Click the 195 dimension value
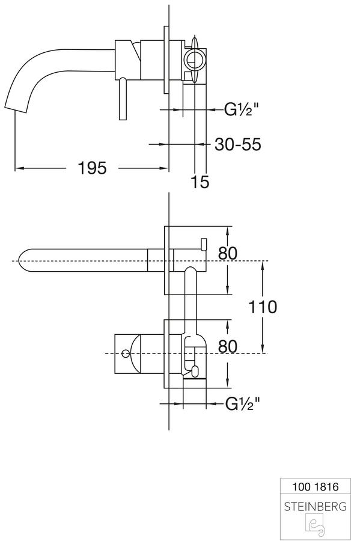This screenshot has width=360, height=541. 92,168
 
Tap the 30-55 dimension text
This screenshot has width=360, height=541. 238,144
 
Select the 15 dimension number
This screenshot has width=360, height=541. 200,182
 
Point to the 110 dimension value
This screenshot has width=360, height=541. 263,307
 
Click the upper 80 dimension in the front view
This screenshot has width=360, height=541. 228,253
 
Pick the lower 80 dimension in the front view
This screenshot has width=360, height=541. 228,346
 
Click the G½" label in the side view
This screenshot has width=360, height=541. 242,109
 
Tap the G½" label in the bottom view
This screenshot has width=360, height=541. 242,403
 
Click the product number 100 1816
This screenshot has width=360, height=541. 315,487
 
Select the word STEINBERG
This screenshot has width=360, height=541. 315,507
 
